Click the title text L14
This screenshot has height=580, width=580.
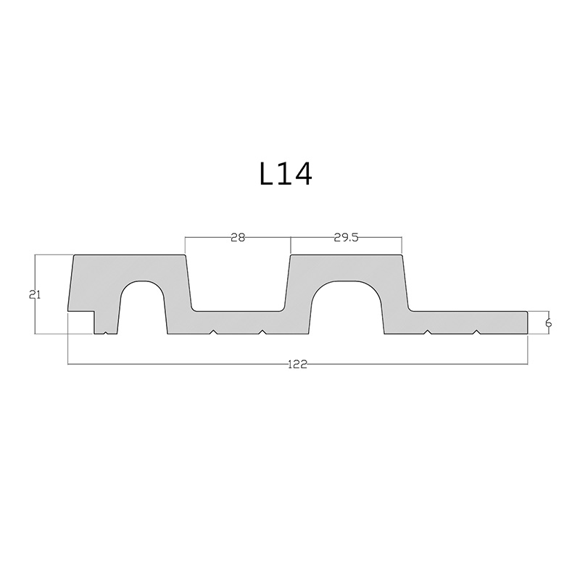286,174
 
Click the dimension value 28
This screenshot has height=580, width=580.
238,237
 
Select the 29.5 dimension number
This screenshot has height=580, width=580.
347,237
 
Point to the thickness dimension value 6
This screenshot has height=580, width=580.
548,323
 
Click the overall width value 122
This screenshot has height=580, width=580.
297,364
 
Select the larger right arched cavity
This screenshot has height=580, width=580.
347,308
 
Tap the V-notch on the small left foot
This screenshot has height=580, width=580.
107,333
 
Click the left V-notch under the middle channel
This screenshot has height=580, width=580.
212,332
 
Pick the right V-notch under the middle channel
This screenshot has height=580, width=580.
262,332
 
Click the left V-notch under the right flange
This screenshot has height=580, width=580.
428,332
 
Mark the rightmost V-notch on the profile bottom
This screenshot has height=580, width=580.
476,332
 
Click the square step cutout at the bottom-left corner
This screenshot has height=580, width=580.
80,323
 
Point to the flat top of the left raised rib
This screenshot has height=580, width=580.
129,255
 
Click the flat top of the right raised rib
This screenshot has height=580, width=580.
347,255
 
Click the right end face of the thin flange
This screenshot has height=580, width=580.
528,323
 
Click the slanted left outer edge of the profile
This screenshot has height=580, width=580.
71,283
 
